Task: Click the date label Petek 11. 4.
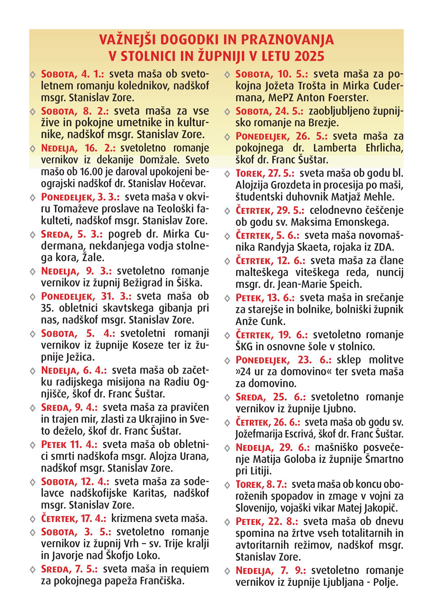[x=69, y=444]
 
